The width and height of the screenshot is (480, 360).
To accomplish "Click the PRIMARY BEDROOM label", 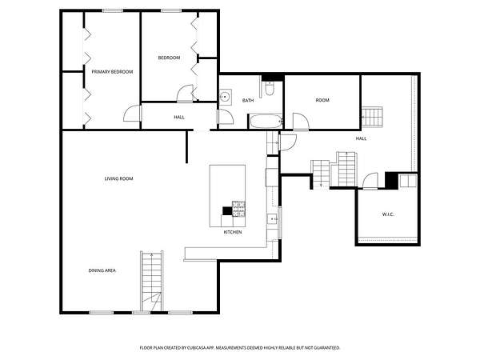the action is click(x=112, y=72).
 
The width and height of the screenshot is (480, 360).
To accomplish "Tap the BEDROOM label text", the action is click(x=169, y=58).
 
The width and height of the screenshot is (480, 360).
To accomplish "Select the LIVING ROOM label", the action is click(x=118, y=178).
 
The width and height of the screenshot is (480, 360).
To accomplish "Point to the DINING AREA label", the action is click(x=102, y=270).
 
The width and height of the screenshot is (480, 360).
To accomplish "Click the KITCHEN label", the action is click(x=233, y=232).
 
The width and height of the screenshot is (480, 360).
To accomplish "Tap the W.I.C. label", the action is click(x=388, y=214).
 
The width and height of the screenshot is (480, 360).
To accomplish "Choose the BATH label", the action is click(x=248, y=100).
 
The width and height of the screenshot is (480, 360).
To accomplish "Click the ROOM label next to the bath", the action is click(x=322, y=100).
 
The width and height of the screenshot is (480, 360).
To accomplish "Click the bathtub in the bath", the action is click(x=266, y=122).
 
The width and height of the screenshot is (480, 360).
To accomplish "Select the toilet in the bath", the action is click(x=270, y=88).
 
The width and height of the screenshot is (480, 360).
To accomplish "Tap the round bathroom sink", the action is click(x=226, y=97).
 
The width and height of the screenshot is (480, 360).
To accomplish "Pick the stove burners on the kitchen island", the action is click(x=238, y=209).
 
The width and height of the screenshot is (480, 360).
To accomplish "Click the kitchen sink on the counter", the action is click(x=272, y=219).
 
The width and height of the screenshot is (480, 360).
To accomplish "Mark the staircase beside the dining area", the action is click(x=152, y=281).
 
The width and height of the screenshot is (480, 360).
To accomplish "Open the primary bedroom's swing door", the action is click(x=132, y=114).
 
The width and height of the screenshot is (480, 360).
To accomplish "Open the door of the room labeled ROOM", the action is click(x=301, y=122).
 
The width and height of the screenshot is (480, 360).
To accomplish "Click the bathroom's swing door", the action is click(x=226, y=117).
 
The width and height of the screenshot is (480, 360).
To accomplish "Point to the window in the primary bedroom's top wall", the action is click(x=113, y=10).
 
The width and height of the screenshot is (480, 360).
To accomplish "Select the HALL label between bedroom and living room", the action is click(x=179, y=117).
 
